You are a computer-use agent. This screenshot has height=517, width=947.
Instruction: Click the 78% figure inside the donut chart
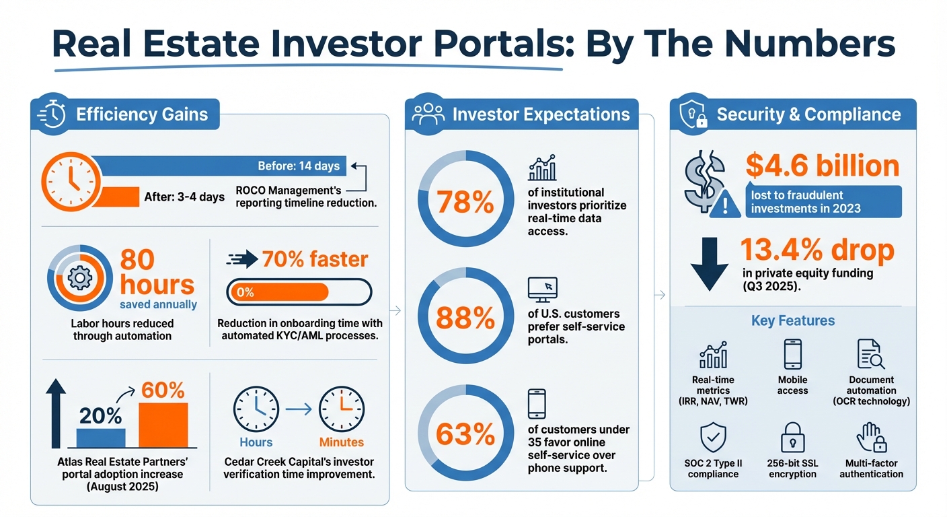coord(465,202)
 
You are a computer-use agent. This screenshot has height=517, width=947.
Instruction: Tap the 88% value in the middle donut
coord(465,318)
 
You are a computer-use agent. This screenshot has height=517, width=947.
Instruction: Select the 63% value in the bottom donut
coord(465,434)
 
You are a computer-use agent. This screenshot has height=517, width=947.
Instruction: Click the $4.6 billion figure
coord(822,166)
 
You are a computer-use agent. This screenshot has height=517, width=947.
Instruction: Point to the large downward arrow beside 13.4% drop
coord(709,263)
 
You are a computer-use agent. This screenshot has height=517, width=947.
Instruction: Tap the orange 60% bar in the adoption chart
coord(163,424)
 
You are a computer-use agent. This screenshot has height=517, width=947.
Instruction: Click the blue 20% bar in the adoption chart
coord(101,438)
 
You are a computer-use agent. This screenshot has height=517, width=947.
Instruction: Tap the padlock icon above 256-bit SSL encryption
coord(792,438)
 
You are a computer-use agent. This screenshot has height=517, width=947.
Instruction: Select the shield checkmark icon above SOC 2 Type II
coord(713,438)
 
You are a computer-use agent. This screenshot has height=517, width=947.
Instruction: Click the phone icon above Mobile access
coord(792,354)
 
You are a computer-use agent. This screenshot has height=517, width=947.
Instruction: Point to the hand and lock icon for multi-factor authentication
coord(871,438)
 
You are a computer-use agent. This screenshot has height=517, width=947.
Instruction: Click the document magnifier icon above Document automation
coord(871,354)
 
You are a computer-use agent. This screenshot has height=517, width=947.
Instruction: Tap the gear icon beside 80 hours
coord(79,278)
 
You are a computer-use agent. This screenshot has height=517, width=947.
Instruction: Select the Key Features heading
coord(793,320)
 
